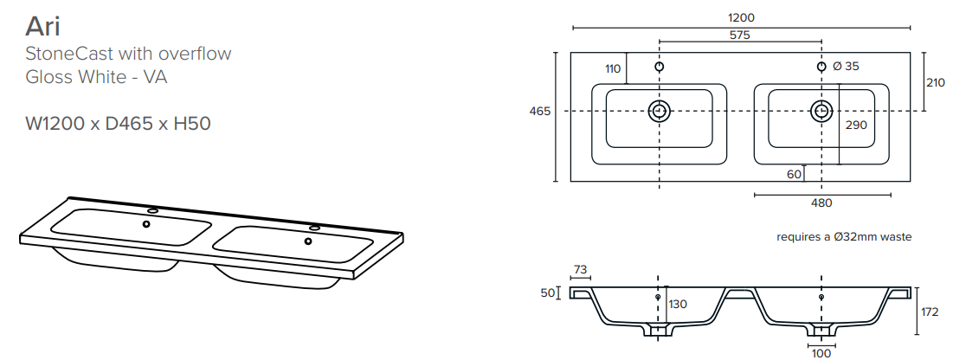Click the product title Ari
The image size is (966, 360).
point(42,27)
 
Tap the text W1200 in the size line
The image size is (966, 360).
point(55,124)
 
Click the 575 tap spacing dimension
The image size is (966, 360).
point(740,35)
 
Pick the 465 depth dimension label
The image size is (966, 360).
point(540,112)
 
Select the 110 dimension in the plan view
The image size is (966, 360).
point(613,69)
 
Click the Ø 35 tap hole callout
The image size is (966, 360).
point(845,66)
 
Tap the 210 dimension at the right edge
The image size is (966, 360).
point(935,82)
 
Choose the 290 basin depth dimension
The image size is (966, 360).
point(856,125)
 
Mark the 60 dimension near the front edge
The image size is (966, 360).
point(794,175)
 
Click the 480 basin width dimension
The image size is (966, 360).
point(821,202)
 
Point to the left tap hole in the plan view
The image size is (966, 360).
point(660,67)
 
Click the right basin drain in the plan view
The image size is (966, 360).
point(821,111)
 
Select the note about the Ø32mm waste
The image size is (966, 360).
point(844,237)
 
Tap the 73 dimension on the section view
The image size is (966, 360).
point(580,269)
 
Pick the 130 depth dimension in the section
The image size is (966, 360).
point(678,305)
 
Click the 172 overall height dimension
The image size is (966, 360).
point(929,312)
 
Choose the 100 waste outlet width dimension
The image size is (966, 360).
point(821,354)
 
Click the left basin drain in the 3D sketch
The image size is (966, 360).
point(146,224)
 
